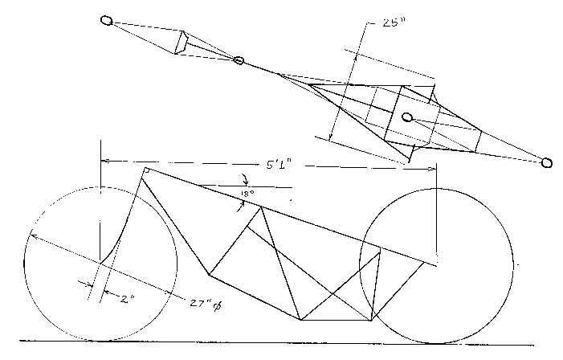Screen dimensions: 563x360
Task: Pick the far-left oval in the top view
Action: (x=107, y=20)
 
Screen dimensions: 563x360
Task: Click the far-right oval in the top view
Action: (x=547, y=163)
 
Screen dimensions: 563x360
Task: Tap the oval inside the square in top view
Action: (x=407, y=118)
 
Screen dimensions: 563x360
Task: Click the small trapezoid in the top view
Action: (x=182, y=43)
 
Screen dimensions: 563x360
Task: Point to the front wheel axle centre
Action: (x=100, y=263)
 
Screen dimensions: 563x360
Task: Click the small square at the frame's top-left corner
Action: (x=148, y=170)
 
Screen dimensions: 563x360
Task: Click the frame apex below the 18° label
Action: (x=260, y=207)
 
